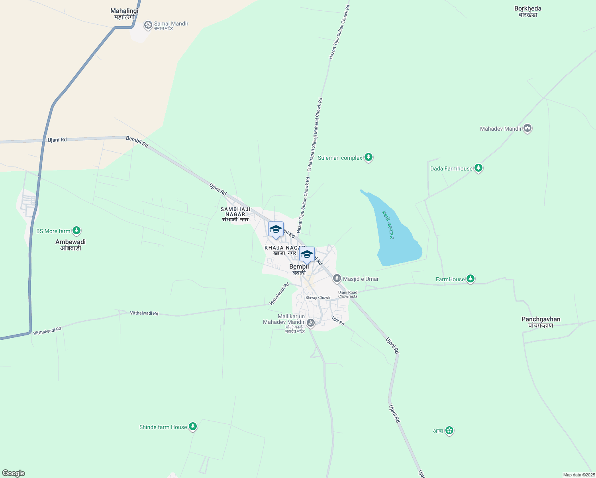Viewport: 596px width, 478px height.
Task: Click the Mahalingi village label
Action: [x=124, y=14]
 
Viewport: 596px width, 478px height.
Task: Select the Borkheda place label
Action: [x=528, y=11]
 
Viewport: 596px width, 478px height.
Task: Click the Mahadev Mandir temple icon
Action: [x=527, y=128]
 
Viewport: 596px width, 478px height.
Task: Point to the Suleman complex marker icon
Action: [x=369, y=158]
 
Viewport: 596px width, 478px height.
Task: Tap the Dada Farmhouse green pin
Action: [x=478, y=168]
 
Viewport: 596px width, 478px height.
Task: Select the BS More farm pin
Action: [x=76, y=231]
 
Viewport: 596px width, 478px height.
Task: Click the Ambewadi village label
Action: [x=71, y=245]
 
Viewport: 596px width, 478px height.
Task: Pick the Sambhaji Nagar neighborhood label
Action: [x=235, y=214]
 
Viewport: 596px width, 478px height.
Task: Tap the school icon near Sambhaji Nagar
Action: [x=276, y=230]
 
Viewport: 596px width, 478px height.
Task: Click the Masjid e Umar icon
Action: [x=337, y=278]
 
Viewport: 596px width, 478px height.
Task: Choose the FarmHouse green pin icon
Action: [x=471, y=279]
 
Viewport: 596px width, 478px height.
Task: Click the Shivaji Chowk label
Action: [x=318, y=298]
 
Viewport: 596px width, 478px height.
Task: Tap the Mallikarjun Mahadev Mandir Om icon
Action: [x=311, y=322]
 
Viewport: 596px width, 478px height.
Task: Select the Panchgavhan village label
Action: [x=541, y=322]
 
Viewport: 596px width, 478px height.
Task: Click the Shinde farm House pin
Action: [x=193, y=427]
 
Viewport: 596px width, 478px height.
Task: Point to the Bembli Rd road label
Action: [x=137, y=142]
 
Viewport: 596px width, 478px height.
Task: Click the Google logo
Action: [x=14, y=473]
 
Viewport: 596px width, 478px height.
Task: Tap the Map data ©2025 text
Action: [x=578, y=475]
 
